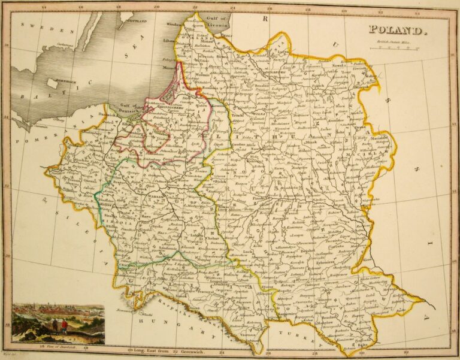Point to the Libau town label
168,41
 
